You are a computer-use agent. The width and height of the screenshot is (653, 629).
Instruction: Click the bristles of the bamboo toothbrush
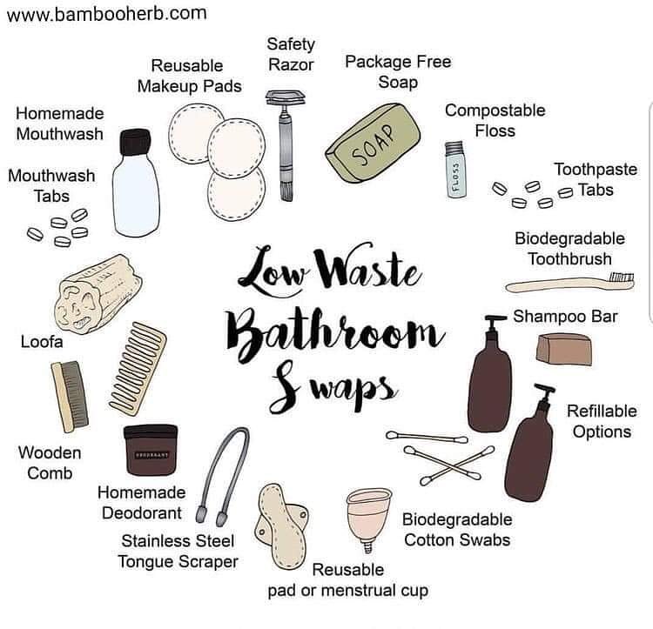[x=621, y=278]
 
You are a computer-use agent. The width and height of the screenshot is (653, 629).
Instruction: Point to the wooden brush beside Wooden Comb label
[x=70, y=395]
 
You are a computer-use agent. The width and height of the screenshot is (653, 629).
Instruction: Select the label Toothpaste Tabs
[x=596, y=180]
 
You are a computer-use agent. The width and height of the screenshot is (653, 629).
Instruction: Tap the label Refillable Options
[x=602, y=420]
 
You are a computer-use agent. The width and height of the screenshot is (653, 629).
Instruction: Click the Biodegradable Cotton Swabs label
[x=456, y=529]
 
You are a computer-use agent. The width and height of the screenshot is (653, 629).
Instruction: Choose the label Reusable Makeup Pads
[x=187, y=76]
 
